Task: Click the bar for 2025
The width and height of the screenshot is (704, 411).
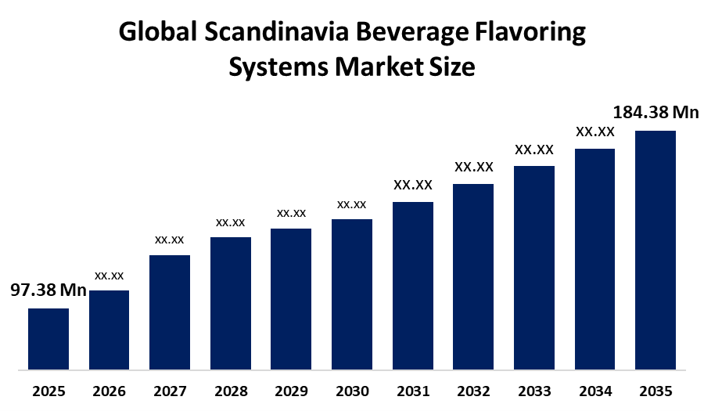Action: [x=48, y=339]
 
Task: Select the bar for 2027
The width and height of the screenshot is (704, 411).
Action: [x=170, y=312]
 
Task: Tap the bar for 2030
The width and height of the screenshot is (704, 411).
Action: [x=352, y=294]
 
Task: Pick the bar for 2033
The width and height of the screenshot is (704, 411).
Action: [x=534, y=268]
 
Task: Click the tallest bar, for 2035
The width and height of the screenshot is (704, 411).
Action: [x=656, y=251]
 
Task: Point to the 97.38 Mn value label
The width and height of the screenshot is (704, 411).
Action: [x=48, y=290]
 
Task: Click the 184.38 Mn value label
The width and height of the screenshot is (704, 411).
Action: [x=656, y=112]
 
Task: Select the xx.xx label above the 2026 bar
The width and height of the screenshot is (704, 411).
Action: [x=109, y=276]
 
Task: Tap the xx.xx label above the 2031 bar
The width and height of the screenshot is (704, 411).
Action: [x=413, y=185]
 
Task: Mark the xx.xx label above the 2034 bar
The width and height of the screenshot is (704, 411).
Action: [x=595, y=132]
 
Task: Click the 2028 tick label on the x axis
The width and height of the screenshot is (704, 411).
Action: [x=231, y=391]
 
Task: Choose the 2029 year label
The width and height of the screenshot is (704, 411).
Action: [x=292, y=391]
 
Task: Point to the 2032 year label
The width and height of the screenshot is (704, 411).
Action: [x=474, y=391]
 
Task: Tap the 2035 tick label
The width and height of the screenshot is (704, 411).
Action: [x=656, y=391]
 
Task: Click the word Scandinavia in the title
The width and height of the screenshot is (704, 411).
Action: [x=277, y=32]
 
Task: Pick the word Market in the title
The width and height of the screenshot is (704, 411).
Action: [x=379, y=67]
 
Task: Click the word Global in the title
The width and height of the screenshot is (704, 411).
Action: [x=158, y=32]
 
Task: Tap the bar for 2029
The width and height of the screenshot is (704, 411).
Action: [x=291, y=299]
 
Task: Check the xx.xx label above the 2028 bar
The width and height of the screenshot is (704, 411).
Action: [x=230, y=223]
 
